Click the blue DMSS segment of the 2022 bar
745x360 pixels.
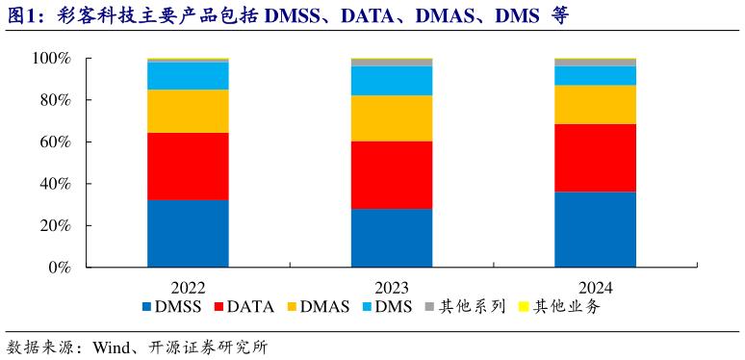(188, 232)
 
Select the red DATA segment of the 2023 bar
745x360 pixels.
(391, 175)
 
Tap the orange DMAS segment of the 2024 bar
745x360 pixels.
(595, 104)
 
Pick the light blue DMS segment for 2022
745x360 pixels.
(188, 75)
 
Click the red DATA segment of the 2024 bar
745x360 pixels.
(595, 158)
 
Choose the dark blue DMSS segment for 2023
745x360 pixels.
(391, 237)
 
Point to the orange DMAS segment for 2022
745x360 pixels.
(188, 111)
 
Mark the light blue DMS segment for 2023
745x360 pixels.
(391, 81)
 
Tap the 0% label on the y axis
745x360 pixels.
(59, 268)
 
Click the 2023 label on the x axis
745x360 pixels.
(391, 287)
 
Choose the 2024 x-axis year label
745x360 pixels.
(595, 287)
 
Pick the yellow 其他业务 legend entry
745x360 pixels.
(559, 307)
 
